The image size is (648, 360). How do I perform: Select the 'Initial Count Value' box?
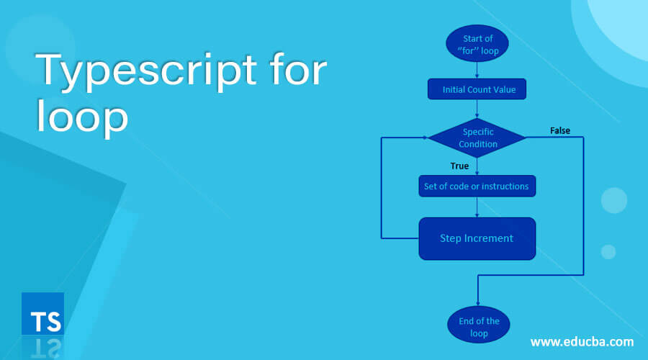coord(477,89)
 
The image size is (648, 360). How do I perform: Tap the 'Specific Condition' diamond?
coord(477,138)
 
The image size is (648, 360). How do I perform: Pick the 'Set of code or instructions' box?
coord(477,186)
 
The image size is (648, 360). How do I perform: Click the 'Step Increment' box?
coord(477,238)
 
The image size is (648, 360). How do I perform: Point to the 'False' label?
coord(560,130)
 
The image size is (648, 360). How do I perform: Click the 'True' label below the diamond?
coord(459,166)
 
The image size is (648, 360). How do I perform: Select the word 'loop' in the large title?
coord(82,117)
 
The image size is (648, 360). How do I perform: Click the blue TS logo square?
coord(42,314)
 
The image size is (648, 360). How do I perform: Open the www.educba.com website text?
coord(582,341)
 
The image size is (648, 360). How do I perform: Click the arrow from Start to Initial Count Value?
coord(477,70)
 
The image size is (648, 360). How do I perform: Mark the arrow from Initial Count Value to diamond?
coord(477,109)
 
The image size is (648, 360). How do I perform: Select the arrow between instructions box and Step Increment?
coord(477,207)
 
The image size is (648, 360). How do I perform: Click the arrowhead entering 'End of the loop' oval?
coord(477,302)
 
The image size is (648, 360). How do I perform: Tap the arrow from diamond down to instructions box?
coord(477,166)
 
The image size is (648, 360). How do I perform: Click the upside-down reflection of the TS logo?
coord(42,347)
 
